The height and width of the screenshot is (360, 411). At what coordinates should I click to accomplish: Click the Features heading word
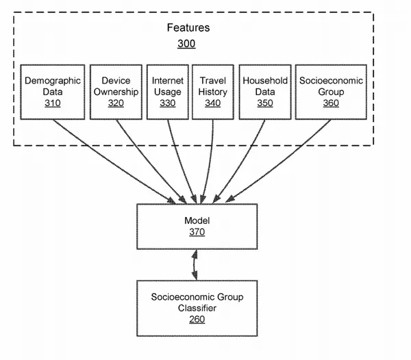[x=188, y=27]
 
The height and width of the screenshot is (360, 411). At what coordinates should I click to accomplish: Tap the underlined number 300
[x=186, y=44]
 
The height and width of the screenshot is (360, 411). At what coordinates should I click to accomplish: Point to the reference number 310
[x=53, y=103]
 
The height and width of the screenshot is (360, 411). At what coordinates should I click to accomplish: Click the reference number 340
[x=212, y=103]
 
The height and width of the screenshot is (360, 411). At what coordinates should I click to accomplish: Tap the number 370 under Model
[x=197, y=232]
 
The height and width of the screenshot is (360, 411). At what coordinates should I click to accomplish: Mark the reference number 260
[x=197, y=320]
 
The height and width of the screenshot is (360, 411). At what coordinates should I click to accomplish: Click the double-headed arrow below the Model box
[x=195, y=265]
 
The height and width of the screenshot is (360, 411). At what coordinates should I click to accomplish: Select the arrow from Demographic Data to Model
[x=114, y=162]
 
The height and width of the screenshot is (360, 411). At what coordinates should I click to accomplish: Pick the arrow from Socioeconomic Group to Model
[x=278, y=161]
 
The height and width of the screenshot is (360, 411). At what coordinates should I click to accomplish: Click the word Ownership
[x=116, y=92]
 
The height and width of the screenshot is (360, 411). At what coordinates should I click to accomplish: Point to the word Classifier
[x=197, y=308]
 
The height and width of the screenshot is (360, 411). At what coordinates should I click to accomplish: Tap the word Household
[x=265, y=80]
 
